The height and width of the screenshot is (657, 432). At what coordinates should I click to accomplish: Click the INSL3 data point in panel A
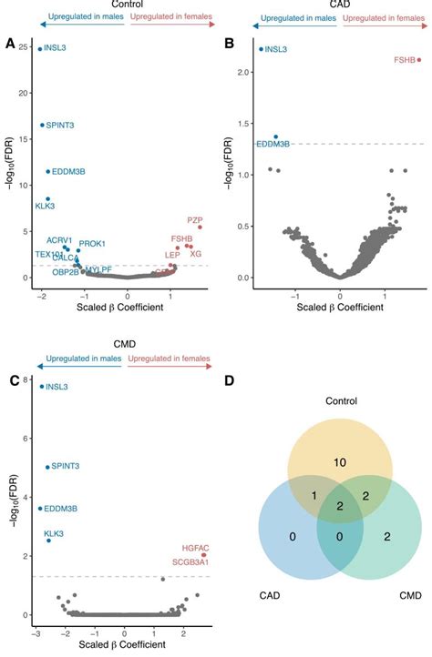pyautogui.click(x=40, y=49)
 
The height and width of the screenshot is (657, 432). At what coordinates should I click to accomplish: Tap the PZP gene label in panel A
pyautogui.click(x=194, y=220)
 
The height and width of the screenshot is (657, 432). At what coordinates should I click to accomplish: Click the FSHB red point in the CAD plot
pyautogui.click(x=419, y=60)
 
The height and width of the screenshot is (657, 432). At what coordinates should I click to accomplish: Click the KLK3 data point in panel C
pyautogui.click(x=49, y=541)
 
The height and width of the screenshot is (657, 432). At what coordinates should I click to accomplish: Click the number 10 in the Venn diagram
pyautogui.click(x=340, y=463)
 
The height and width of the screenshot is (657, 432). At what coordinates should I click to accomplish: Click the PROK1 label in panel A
pyautogui.click(x=92, y=244)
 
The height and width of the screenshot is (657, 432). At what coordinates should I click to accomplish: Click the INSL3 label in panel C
pyautogui.click(x=57, y=387)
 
